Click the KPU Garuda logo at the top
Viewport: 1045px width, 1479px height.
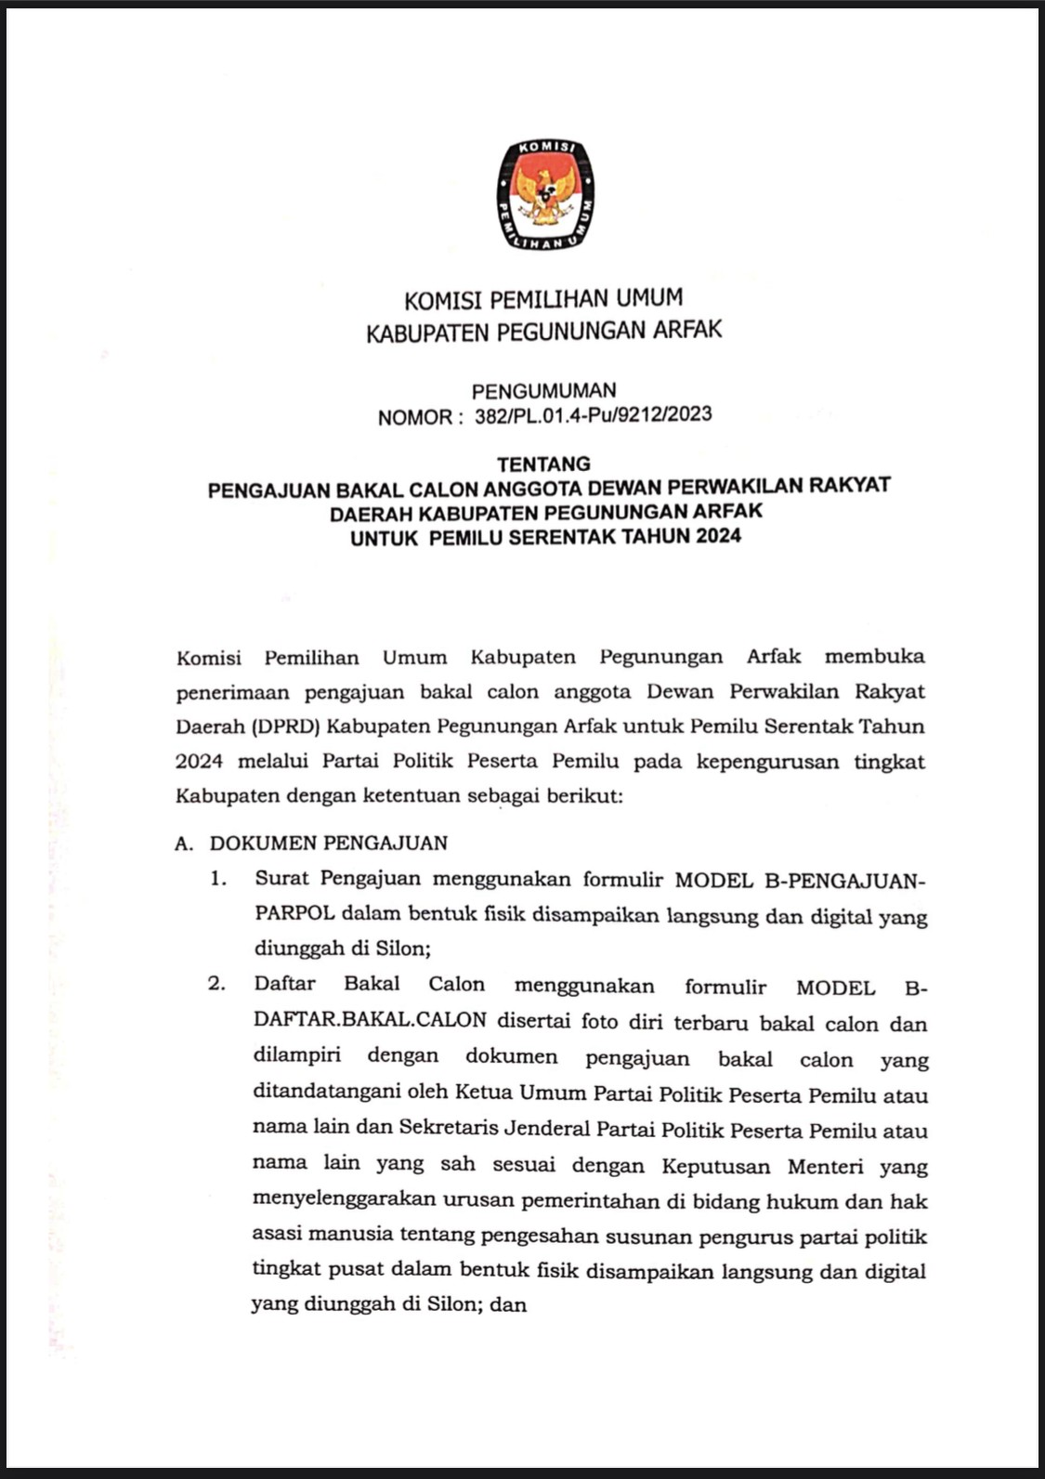coord(544,195)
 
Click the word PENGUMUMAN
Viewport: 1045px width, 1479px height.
coord(543,391)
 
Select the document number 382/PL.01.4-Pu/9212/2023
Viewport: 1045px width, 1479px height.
coord(593,415)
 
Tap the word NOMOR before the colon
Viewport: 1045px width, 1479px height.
coord(414,417)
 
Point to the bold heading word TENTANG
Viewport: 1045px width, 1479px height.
coord(543,464)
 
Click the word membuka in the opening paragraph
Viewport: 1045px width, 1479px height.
coord(874,657)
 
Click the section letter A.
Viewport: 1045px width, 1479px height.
coord(184,844)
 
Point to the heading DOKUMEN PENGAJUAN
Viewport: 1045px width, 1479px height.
coord(329,844)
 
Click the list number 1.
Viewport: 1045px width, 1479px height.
coord(217,878)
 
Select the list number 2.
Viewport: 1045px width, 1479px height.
coord(217,984)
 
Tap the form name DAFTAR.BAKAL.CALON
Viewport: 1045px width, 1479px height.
coord(370,1020)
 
